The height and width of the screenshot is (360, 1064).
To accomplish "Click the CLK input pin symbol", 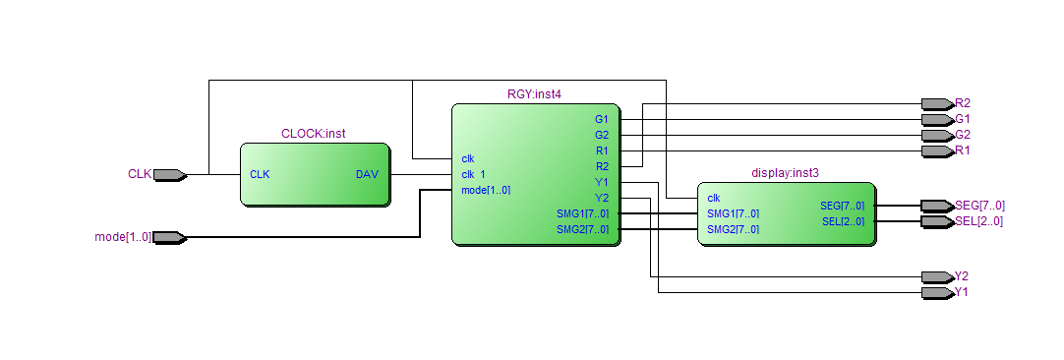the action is tap(170, 175).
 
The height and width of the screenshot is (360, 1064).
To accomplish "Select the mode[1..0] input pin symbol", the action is tap(170, 238).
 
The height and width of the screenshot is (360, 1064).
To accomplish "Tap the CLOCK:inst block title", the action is tap(314, 134).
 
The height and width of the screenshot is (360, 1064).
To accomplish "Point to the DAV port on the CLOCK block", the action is tap(367, 174).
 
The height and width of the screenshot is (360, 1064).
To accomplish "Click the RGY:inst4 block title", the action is tap(535, 94).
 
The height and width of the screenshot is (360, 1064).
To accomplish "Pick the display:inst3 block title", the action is tap(785, 173).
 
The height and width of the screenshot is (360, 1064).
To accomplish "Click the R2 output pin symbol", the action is tap(938, 104).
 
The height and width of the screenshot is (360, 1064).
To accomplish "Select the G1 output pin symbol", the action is tap(938, 120).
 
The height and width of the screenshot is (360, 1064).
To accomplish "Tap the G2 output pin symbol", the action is tap(938, 135).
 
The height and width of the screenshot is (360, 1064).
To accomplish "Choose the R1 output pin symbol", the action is tap(938, 150).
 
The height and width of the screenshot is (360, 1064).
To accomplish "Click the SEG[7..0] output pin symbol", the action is tap(938, 206).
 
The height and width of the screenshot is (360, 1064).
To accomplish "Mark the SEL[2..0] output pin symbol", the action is tap(938, 221).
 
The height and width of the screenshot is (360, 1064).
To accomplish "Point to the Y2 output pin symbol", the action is tap(938, 277).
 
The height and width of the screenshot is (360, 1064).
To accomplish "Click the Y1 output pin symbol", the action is tap(938, 293).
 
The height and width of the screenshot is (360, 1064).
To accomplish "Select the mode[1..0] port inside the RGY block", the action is tap(486, 190).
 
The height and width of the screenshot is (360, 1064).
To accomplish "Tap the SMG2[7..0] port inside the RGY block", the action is tap(583, 229).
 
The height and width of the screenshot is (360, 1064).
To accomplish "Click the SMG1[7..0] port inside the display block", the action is tap(733, 214).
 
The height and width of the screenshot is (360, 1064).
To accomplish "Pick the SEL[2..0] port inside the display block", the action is tap(842, 221).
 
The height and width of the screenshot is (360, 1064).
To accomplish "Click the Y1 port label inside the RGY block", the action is tap(602, 182).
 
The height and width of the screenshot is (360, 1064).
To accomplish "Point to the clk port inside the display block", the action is tap(714, 199).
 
